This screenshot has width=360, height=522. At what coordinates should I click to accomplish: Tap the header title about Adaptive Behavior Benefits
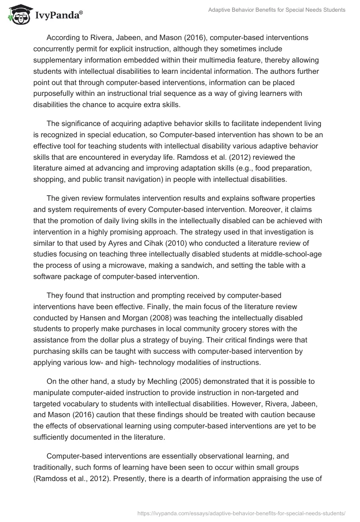click(276, 10)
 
